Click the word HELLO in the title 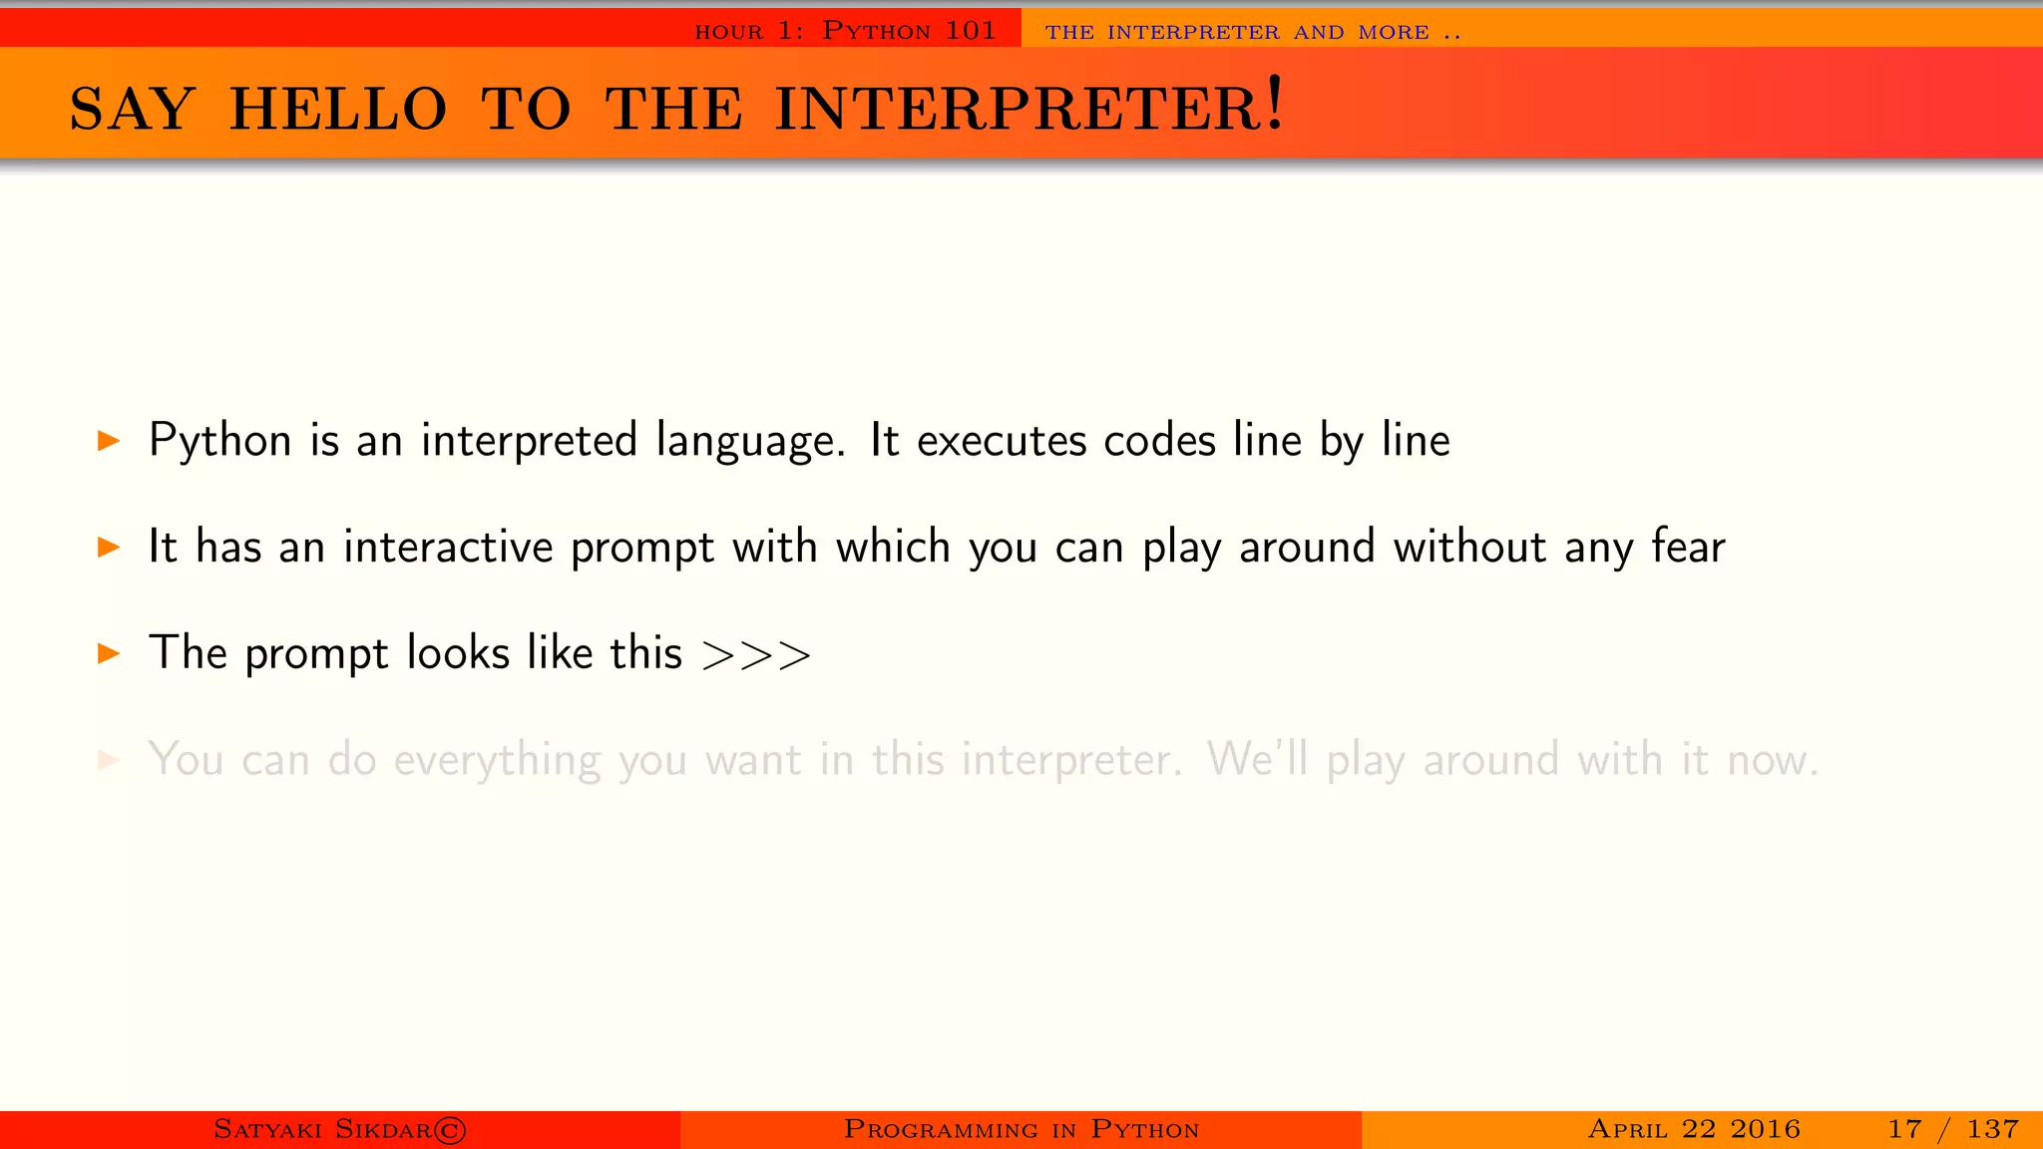[x=338, y=109]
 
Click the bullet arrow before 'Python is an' [x=109, y=440]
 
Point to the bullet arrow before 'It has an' [x=109, y=547]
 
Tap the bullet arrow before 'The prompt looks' [x=109, y=653]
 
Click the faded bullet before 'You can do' [x=109, y=760]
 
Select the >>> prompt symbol [x=756, y=655]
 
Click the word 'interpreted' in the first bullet [x=529, y=441]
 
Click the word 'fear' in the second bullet [x=1688, y=547]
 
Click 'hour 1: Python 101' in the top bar [x=845, y=31]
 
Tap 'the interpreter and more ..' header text [x=1253, y=32]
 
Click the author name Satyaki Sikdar [x=322, y=1129]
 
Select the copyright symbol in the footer [x=450, y=1130]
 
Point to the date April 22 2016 [x=1694, y=1129]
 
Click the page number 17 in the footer [x=1904, y=1129]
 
